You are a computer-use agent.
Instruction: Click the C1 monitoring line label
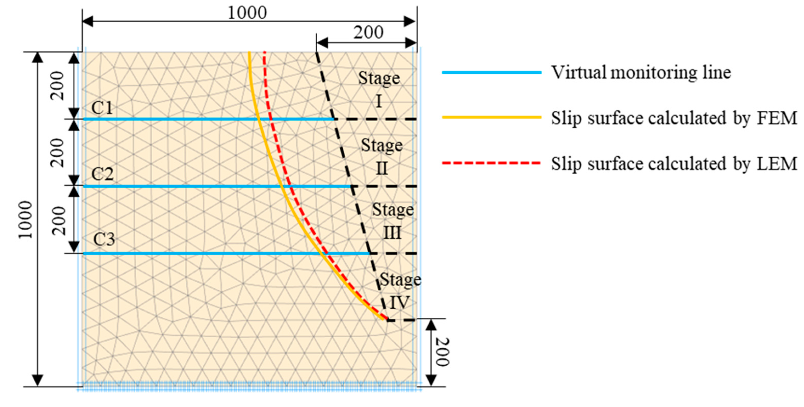102,108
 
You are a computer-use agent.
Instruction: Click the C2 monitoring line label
102,174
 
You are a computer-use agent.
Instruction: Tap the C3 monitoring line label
104,239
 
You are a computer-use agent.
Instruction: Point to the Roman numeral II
382,168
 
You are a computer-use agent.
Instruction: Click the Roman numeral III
392,233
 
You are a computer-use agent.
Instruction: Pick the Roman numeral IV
399,302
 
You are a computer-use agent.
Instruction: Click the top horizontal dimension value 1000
247,13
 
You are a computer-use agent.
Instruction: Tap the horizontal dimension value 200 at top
368,32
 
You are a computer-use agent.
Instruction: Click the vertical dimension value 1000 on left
25,220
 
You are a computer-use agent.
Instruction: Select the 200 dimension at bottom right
442,352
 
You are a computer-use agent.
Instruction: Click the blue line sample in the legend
492,73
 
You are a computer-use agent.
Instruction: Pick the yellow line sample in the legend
492,118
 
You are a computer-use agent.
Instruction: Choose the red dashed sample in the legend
492,163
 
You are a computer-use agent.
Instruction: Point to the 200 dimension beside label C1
58,85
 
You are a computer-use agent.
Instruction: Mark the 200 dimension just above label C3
59,221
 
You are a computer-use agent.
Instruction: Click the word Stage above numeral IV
400,280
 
